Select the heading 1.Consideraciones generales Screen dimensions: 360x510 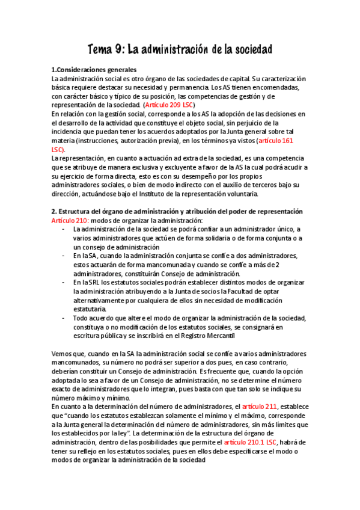pyautogui.click(x=94, y=69)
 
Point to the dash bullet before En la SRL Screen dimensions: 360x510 pyautogui.click(x=64, y=282)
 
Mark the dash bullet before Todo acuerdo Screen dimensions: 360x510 pyautogui.click(x=64, y=318)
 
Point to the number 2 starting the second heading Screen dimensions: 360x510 pyautogui.click(x=53, y=212)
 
